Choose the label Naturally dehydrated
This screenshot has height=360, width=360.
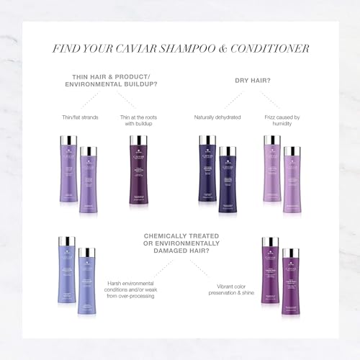pyautogui.click(x=218, y=117)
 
